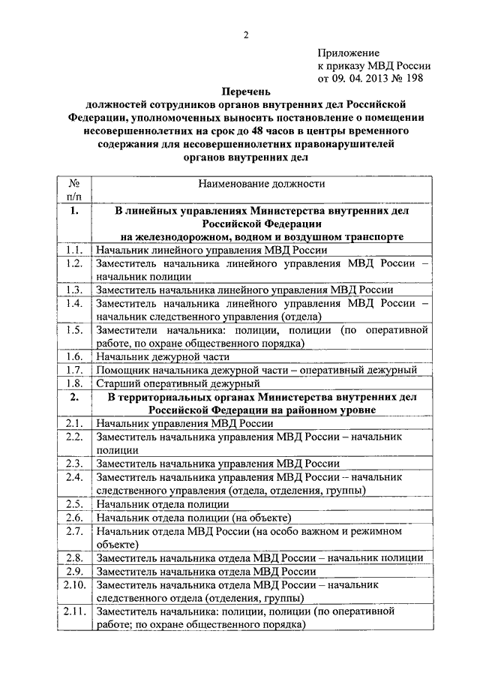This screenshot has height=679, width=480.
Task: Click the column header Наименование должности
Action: click(262, 183)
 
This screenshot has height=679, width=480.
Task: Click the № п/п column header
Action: click(73, 189)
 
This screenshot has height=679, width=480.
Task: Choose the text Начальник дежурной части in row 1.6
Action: click(160, 356)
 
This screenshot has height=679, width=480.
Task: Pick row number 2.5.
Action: click(73, 503)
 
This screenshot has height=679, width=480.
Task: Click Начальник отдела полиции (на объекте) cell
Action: click(193, 517)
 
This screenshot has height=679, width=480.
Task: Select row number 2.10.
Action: click(73, 584)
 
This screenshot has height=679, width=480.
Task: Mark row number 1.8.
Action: click(73, 383)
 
